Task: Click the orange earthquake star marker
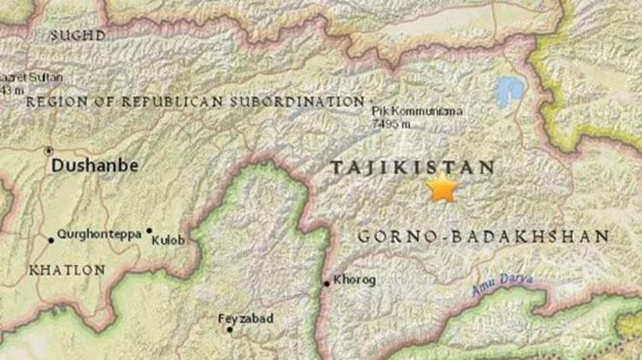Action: pyautogui.click(x=441, y=187)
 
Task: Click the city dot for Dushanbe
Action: pyautogui.click(x=50, y=150)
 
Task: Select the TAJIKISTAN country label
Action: pyautogui.click(x=412, y=168)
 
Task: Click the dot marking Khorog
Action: pyautogui.click(x=326, y=284)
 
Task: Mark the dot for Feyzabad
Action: pyautogui.click(x=229, y=329)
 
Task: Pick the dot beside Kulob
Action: pyautogui.click(x=149, y=231)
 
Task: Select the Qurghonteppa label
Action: pyautogui.click(x=99, y=234)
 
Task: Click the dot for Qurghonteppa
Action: pyautogui.click(x=51, y=240)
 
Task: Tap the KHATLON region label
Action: pyautogui.click(x=57, y=269)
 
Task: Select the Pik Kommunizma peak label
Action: pyautogui.click(x=418, y=111)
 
